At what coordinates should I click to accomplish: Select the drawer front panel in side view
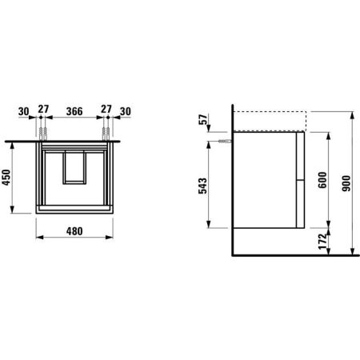click(300, 179)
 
